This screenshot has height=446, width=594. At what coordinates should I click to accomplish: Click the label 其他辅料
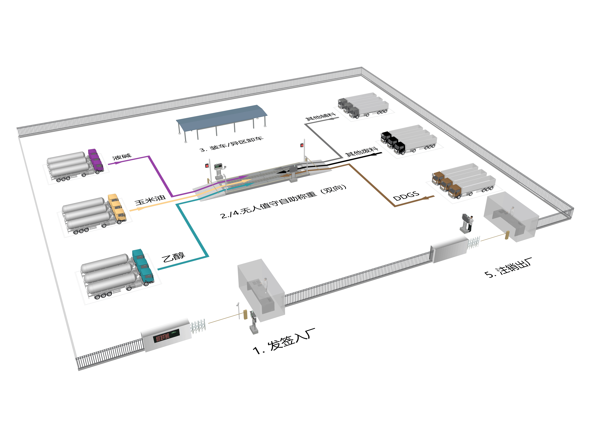point(320,117)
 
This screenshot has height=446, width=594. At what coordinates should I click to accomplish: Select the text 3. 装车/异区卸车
point(231,144)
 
